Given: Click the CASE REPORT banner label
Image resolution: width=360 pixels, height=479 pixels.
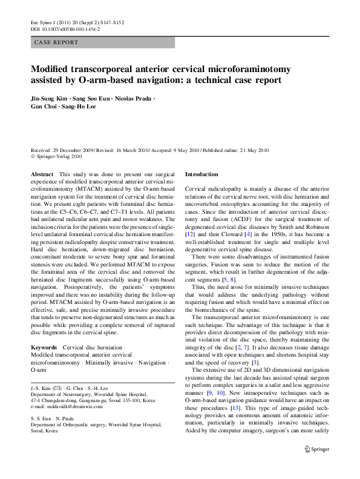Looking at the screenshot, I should [57, 43].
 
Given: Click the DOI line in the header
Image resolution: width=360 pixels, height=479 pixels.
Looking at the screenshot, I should [65, 28].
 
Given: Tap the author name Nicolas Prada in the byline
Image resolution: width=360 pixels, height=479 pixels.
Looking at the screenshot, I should [135, 98].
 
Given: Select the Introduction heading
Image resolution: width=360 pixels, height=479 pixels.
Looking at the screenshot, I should [201, 174].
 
